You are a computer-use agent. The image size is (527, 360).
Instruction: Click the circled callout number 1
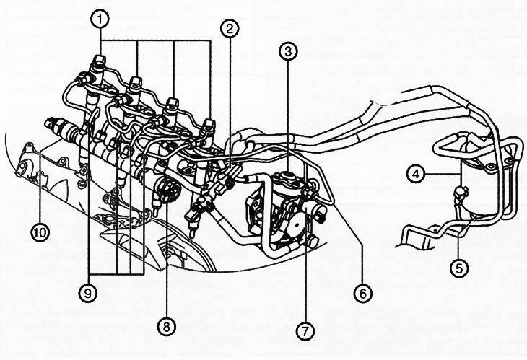pos(100,19)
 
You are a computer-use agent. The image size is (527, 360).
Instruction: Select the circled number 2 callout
pos(230,29)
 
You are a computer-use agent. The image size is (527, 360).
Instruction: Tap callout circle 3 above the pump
pos(288,51)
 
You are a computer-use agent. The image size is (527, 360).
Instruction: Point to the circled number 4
pos(416,175)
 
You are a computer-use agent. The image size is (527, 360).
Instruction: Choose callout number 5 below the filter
pos(459,268)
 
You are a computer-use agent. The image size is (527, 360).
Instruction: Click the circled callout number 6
pos(362,293)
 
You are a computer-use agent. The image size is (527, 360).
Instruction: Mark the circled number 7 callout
pos(305,331)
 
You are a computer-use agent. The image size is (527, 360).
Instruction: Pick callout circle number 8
pos(167,326)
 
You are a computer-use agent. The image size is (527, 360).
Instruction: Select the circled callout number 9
pos(88,293)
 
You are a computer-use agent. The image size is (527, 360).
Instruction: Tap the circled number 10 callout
pos(40,232)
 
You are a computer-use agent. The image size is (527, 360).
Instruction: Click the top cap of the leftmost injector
pos(99,61)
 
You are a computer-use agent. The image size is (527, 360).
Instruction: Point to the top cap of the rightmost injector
pos(209,124)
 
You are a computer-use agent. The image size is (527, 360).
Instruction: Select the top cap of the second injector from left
pos(136,83)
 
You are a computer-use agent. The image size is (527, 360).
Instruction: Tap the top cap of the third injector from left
pos(173,104)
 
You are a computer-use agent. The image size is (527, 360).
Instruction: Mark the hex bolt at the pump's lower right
pos(312,240)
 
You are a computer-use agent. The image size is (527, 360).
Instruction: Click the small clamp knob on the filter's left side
pos(459,193)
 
